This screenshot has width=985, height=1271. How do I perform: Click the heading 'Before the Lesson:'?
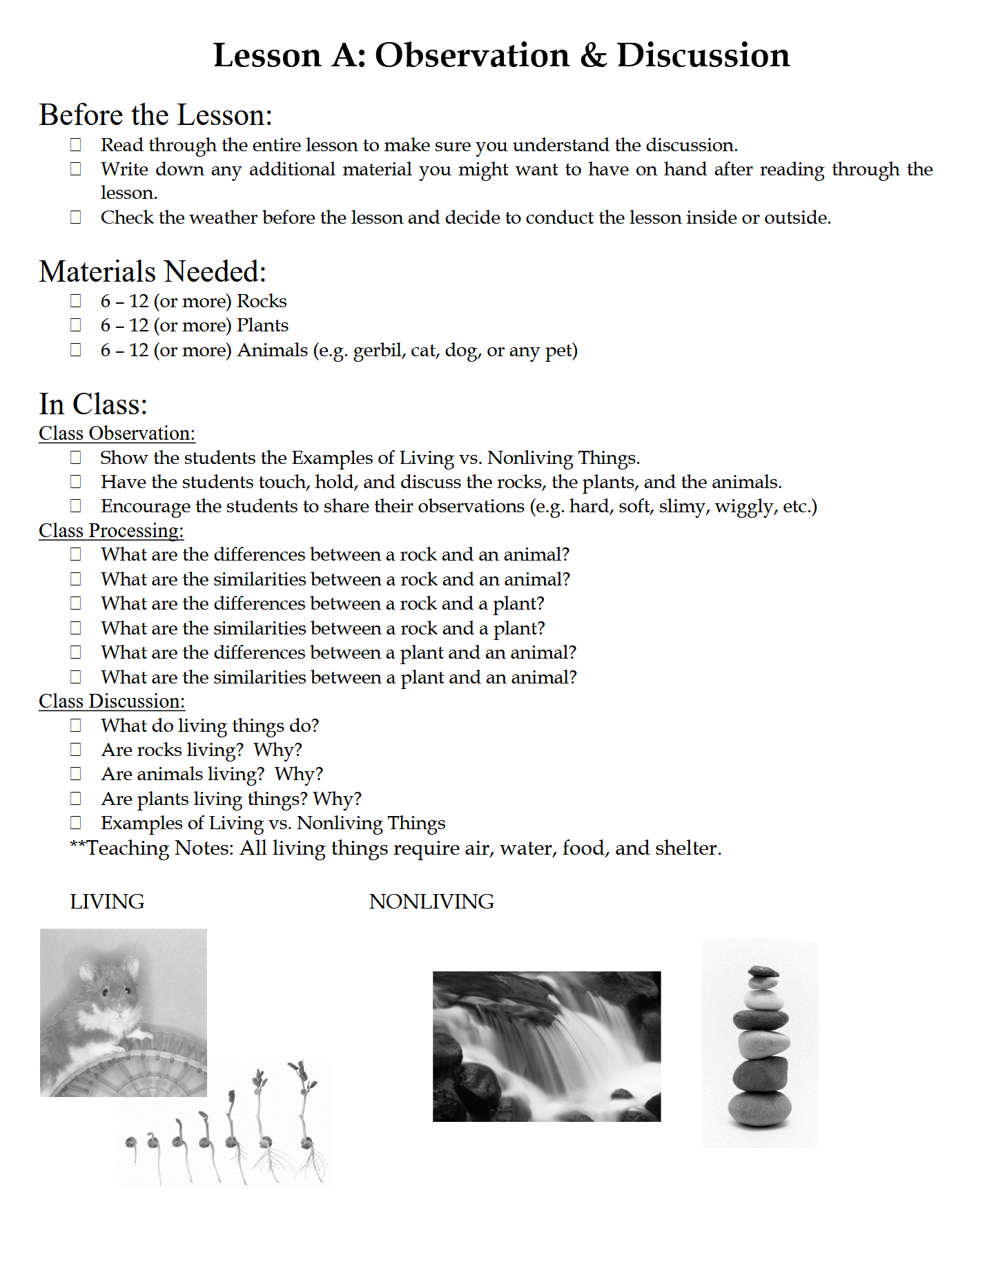click(x=155, y=115)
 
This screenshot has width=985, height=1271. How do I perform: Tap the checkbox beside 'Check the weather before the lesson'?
click(x=76, y=217)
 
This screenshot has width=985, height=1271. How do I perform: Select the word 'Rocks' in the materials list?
click(x=262, y=301)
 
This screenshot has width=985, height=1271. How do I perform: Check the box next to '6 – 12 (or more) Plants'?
click(x=76, y=325)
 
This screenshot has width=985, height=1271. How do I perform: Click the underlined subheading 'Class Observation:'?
click(x=117, y=434)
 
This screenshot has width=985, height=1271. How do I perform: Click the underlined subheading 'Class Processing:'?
click(x=111, y=531)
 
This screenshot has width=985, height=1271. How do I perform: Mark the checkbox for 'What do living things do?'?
click(x=76, y=726)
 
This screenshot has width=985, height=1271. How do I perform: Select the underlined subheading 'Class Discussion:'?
click(x=112, y=701)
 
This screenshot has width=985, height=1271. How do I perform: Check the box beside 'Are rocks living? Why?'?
click(x=76, y=750)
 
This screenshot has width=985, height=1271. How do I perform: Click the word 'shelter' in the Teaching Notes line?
click(x=686, y=848)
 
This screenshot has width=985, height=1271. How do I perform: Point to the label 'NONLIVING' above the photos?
click(x=431, y=902)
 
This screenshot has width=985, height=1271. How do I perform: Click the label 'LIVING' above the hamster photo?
click(x=107, y=902)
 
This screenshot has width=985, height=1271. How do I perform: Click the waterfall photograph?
click(x=546, y=1046)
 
